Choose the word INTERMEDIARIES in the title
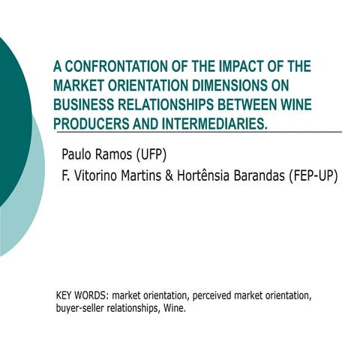[x=212, y=122]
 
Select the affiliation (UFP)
[x=144, y=155]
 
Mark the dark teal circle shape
[x=11, y=112]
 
